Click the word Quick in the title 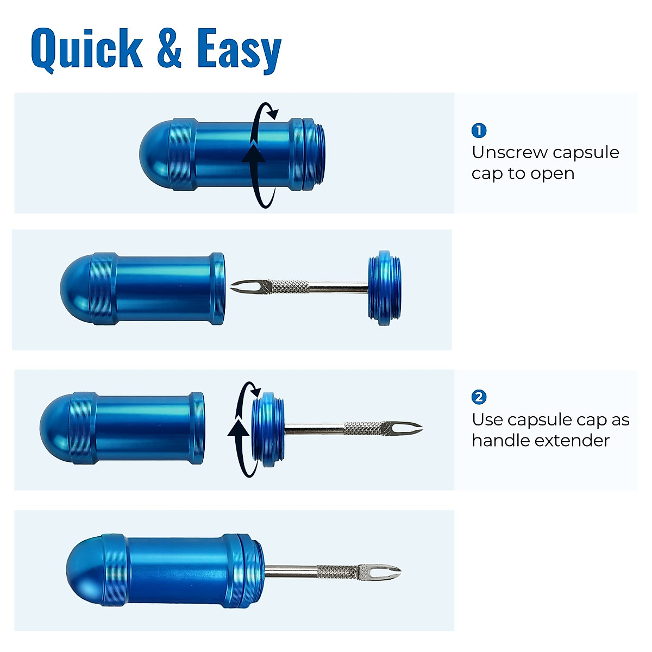point(87,49)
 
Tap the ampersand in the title point(169,49)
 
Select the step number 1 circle point(479,130)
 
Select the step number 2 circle point(479,397)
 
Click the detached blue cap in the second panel point(385,288)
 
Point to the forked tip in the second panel point(242,286)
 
